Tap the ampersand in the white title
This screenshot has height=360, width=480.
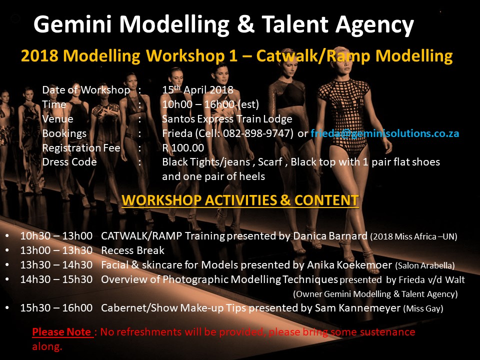246,24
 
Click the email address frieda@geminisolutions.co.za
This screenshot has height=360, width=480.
385,133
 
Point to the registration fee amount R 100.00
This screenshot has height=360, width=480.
183,148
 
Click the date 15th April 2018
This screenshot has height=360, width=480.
198,89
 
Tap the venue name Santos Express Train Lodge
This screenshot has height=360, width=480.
227,119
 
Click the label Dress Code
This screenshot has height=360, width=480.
69,162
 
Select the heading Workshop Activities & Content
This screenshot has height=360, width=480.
240,200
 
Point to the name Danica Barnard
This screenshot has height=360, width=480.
330,236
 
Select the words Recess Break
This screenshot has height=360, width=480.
132,250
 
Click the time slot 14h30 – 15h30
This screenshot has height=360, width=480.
56,279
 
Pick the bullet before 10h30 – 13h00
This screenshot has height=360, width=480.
7,236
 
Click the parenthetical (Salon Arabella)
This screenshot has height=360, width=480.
425,265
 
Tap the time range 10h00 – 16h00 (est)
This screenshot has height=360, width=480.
210,104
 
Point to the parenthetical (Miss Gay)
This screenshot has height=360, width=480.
423,308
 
